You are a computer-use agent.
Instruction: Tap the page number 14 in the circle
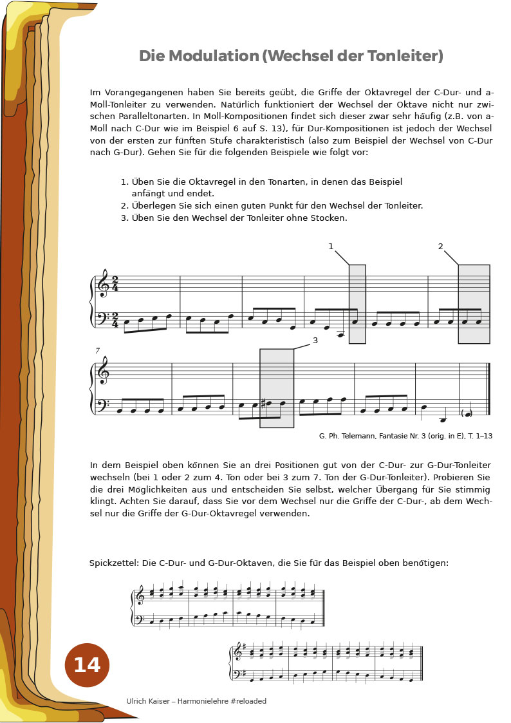87,665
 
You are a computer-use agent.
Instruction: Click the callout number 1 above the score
331,247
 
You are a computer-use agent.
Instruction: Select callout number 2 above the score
441,247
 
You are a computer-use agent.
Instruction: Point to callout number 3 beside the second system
315,341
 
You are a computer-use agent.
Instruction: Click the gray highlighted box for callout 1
357,304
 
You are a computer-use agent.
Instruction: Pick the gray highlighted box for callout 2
474,304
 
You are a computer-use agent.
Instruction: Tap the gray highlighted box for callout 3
277,388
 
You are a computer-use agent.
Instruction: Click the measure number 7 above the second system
98,351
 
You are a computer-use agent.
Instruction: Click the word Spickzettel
113,563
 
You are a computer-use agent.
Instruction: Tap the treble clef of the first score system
103,284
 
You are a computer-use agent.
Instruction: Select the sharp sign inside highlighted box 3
263,404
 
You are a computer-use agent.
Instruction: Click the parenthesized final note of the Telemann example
467,413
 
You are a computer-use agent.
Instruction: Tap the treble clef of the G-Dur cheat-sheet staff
238,652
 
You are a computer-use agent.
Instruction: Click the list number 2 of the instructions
124,206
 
